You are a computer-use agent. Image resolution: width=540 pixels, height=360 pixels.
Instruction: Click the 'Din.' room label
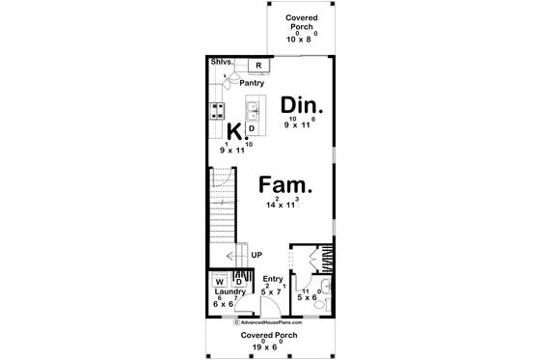click(x=303, y=104)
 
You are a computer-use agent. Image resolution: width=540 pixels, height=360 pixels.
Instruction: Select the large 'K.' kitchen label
click(x=232, y=131)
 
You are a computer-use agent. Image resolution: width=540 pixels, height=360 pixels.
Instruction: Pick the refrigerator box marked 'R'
click(x=258, y=66)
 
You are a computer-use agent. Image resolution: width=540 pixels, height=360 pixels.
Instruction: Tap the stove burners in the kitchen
click(x=218, y=109)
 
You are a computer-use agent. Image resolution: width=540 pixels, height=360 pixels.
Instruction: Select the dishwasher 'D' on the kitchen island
click(x=252, y=127)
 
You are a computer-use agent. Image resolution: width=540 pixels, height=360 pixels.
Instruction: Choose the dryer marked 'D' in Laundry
click(x=238, y=282)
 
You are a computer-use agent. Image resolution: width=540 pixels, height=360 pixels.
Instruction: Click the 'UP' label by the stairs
click(x=256, y=255)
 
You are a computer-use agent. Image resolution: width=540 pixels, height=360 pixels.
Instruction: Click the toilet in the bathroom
click(x=323, y=300)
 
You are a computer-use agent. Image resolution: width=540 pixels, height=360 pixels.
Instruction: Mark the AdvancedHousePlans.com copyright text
click(x=269, y=322)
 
